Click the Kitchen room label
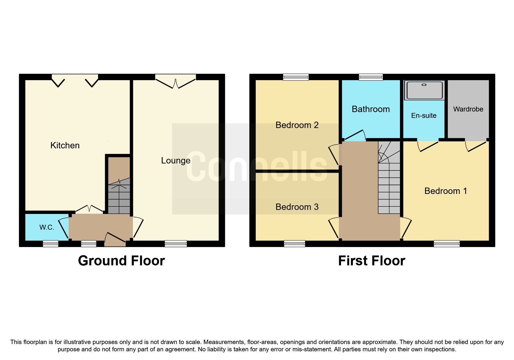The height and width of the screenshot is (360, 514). tap(65, 145)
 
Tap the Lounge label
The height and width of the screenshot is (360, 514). tap(176, 160)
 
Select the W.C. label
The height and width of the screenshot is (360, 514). tap(47, 227)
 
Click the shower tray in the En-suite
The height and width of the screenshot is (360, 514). tap(424, 90)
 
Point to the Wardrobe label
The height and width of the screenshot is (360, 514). tap(468, 109)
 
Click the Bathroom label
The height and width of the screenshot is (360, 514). tap(371, 109)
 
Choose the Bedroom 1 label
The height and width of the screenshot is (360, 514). tap(446, 191)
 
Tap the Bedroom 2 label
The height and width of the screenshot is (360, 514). tap(297, 125)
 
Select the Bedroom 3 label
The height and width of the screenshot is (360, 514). tap(297, 207)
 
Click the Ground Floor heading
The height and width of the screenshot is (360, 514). tap(121, 260)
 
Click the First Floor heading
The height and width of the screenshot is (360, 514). tap(371, 260)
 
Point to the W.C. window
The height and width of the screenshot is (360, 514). tap(51, 244)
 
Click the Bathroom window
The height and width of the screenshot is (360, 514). tap(371, 77)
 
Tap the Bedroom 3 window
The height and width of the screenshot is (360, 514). tap(294, 244)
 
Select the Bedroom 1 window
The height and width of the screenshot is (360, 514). tap(446, 244)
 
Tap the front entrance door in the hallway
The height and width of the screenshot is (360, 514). tap(115, 238)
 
